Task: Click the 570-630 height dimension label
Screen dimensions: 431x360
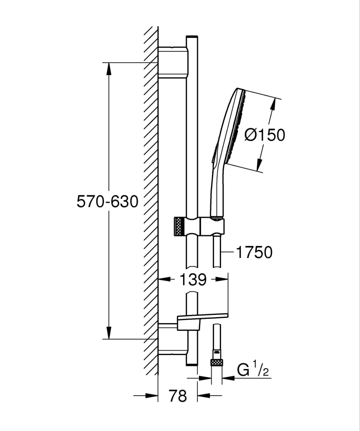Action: point(107,201)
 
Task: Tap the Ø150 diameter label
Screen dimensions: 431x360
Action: point(265,135)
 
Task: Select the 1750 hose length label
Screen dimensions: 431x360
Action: point(254,252)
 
